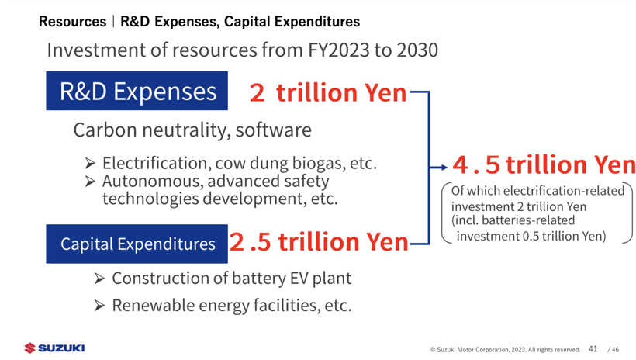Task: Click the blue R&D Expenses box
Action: pos(137,92)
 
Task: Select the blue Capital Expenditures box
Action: pos(137,244)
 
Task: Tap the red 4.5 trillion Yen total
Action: pos(544,164)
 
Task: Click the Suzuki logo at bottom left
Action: pos(54,348)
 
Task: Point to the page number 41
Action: pos(593,349)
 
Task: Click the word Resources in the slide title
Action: pos(72,22)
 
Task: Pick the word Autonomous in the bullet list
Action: pos(150,182)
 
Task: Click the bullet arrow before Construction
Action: pos(99,279)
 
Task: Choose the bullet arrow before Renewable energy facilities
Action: pos(99,306)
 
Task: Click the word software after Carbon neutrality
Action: pos(273,130)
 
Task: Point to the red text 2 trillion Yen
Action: pos(328,93)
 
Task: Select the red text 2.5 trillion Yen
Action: pos(319,243)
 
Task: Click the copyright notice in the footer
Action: pos(505,350)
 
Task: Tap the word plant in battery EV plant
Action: pos(330,278)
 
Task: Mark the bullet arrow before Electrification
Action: pos(90,164)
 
